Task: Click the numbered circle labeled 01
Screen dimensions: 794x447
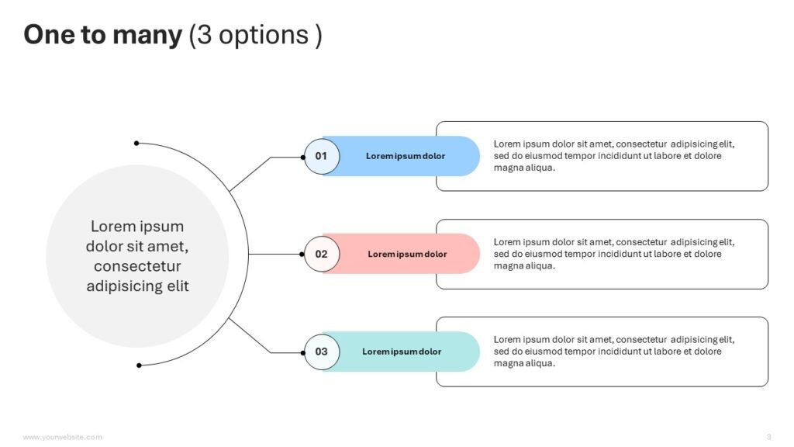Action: point(322,157)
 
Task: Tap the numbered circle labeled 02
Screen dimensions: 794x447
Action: point(322,254)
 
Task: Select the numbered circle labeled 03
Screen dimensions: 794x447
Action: point(322,352)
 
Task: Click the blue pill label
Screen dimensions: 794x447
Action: point(401,156)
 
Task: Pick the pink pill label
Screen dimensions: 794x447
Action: point(401,254)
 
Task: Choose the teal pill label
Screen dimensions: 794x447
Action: point(401,352)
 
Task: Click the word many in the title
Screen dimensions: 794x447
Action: point(147,36)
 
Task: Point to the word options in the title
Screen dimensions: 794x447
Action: point(264,36)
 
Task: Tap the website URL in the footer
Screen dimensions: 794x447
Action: point(62,437)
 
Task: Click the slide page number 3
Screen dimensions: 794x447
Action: point(768,437)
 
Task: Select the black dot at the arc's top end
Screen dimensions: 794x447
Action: point(136,144)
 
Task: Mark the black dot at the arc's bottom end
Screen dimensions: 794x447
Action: point(139,366)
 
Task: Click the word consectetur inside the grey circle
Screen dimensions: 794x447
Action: point(137,266)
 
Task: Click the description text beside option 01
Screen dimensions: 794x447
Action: point(614,155)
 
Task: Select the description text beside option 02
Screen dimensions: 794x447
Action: point(614,254)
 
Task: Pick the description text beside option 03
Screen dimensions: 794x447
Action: point(614,352)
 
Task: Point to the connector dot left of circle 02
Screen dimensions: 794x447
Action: point(302,255)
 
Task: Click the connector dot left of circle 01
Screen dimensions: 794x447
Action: point(303,157)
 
